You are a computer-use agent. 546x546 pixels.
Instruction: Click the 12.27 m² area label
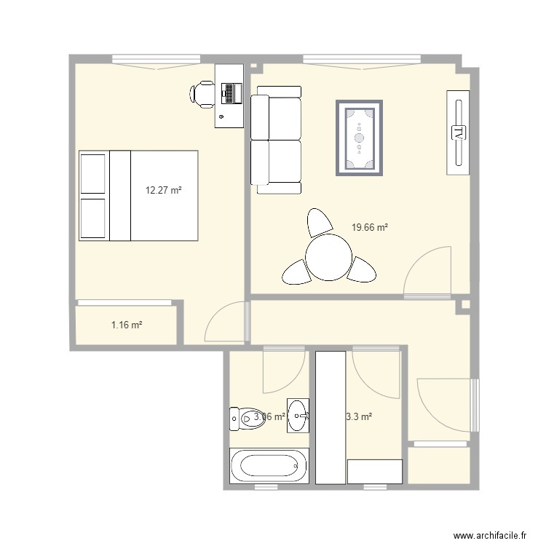click(163, 191)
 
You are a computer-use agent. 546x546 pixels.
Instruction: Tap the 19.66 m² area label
click(369, 227)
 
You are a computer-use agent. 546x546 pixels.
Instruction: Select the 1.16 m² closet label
click(126, 325)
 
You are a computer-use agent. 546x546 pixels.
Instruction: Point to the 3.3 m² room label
click(358, 417)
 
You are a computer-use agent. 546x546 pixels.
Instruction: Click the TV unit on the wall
click(459, 133)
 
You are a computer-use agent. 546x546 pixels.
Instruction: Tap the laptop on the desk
click(232, 93)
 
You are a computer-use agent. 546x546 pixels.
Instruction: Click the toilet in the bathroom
click(240, 417)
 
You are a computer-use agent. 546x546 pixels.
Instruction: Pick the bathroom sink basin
click(298, 416)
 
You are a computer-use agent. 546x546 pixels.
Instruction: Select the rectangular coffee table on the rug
click(359, 137)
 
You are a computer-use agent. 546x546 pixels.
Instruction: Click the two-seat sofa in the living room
click(277, 140)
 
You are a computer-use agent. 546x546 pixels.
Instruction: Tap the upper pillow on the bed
click(93, 174)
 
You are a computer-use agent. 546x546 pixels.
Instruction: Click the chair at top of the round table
click(319, 222)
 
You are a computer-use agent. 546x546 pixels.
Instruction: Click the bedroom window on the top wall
click(156, 60)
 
